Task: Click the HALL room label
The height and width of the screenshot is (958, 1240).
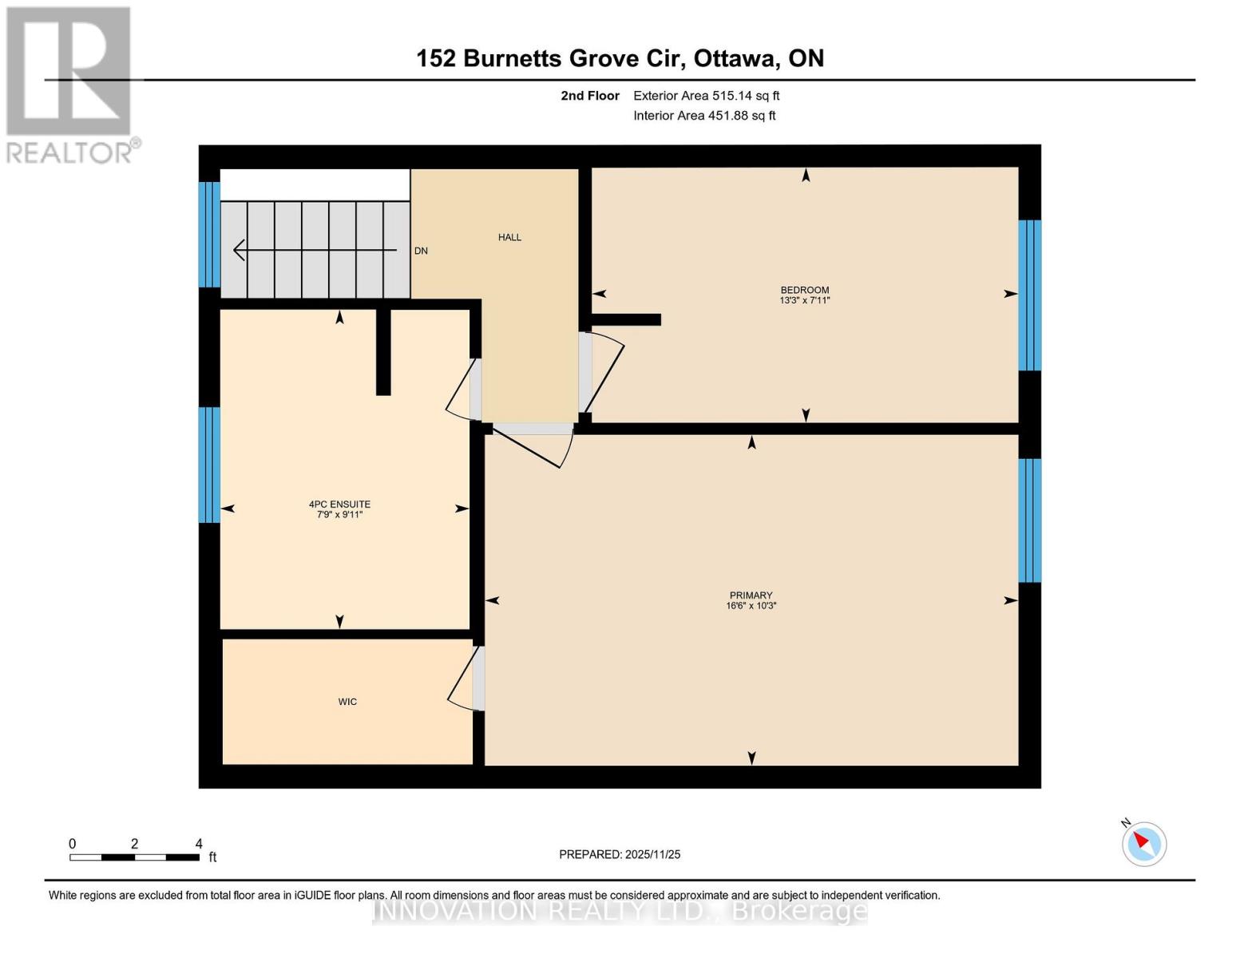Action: [x=509, y=237]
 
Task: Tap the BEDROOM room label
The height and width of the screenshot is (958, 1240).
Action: [x=804, y=291]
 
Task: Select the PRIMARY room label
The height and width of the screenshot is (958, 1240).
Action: [x=751, y=596]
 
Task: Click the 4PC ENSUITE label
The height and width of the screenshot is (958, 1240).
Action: [x=339, y=505]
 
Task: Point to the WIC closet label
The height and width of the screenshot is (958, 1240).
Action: [x=347, y=702]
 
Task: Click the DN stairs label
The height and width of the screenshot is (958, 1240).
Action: [x=421, y=251]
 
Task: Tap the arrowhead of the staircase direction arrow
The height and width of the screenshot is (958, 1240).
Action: [x=238, y=251]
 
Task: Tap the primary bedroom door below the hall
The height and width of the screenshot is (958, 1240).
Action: [x=533, y=443]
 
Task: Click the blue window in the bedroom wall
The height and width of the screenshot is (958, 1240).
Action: [x=1029, y=295]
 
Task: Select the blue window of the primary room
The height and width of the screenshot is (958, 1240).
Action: [x=1029, y=521]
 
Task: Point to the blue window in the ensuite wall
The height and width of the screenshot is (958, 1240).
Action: [x=209, y=465]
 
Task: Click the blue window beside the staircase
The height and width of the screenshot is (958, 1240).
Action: [x=209, y=235]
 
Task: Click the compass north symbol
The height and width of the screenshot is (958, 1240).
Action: [x=1143, y=844]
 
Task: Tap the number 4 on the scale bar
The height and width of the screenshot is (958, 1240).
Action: [x=199, y=844]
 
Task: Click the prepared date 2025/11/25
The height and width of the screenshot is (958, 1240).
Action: [x=652, y=854]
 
